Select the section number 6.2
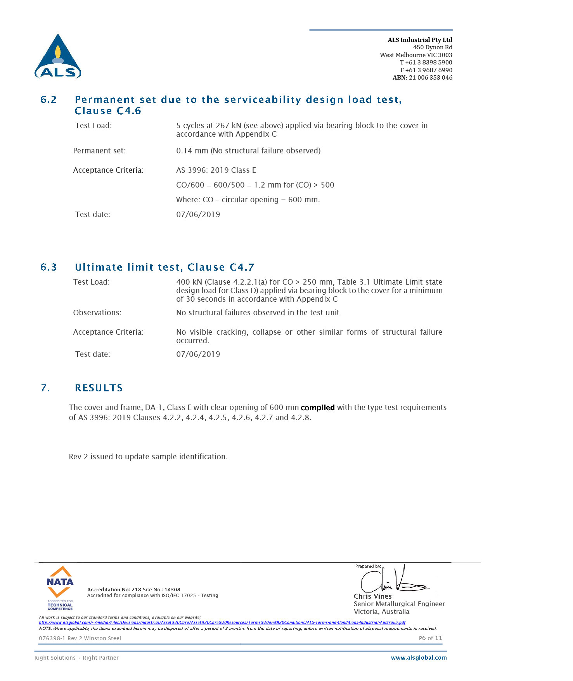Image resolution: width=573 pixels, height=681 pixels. click(48, 100)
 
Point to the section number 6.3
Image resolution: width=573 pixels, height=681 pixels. click(48, 267)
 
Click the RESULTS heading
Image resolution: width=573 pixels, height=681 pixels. click(99, 388)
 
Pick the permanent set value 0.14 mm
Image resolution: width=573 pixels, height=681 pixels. click(192, 151)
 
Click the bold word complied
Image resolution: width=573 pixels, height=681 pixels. click(317, 408)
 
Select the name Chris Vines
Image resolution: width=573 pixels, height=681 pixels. click(372, 596)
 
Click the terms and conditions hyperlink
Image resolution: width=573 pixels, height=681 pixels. click(222, 622)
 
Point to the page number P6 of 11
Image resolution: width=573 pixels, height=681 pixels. click(430, 638)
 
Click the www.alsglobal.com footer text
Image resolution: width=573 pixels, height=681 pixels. click(419, 658)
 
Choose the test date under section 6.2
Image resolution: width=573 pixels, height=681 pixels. click(198, 214)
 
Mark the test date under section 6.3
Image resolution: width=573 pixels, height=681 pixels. click(198, 354)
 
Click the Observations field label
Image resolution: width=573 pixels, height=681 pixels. click(97, 313)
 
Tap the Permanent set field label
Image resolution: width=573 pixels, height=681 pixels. click(99, 151)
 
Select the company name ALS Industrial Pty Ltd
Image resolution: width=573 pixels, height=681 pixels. click(420, 40)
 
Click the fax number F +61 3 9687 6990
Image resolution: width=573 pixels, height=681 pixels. click(426, 70)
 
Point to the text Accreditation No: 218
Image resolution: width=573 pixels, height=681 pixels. click(114, 589)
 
